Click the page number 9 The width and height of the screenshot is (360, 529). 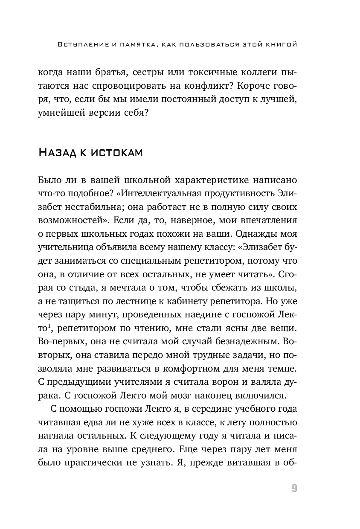(x=294, y=488)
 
